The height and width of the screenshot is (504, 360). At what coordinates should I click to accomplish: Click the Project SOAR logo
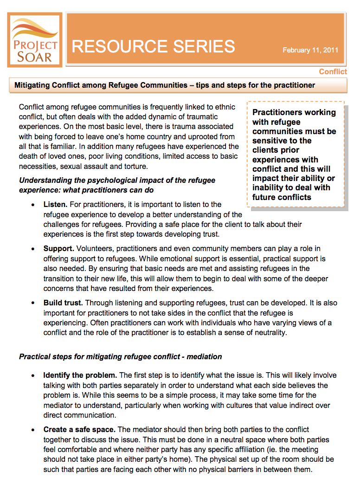coord(35,40)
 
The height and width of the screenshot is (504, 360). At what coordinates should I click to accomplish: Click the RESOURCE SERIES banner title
coord(154,46)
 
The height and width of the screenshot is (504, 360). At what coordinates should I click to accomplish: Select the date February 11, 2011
coord(310,50)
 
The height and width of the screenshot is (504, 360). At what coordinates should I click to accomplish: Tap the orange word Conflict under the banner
coord(333,71)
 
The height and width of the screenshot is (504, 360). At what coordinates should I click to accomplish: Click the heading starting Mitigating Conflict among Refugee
coord(165,85)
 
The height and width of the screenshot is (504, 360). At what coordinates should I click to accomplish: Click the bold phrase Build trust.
coord(63,303)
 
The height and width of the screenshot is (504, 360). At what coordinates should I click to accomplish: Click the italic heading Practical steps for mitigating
coord(120,357)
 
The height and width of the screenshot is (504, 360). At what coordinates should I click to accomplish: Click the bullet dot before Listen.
coord(32,205)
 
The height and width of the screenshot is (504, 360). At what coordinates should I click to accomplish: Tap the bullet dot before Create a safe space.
coord(32,430)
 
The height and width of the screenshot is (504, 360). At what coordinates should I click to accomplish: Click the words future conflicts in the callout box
coord(282,197)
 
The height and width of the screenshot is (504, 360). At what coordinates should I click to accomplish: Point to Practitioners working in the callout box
coord(294,112)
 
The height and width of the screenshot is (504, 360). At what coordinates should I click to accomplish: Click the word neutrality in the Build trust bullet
coord(272,332)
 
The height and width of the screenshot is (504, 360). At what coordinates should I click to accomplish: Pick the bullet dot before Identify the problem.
coord(32,375)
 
